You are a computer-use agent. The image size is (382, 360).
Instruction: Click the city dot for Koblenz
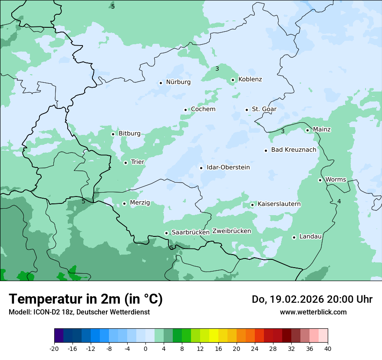click(x=233, y=80)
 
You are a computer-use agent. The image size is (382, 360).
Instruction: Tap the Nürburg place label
click(x=178, y=82)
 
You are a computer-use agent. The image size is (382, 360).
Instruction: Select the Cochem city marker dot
click(x=185, y=110)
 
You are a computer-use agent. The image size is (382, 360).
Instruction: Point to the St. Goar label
click(x=264, y=109)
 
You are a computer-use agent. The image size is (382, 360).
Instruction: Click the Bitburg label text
click(x=129, y=134)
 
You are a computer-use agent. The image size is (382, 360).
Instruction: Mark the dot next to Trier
click(x=125, y=163)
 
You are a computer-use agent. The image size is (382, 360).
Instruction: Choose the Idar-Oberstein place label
click(x=228, y=167)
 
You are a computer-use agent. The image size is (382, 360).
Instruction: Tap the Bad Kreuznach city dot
click(x=266, y=151)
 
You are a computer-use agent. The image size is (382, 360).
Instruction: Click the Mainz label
click(x=322, y=130)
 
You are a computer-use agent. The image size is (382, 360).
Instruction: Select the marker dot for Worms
click(x=320, y=180)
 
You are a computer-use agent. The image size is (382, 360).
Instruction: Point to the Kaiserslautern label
click(x=279, y=204)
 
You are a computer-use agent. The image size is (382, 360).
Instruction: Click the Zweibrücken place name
click(x=231, y=231)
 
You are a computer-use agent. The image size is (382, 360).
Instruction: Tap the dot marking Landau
click(x=294, y=237)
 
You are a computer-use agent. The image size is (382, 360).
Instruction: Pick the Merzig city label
click(x=140, y=203)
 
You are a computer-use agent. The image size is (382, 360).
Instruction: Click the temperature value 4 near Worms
click(x=339, y=201)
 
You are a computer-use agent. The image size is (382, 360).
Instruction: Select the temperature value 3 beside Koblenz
click(x=217, y=69)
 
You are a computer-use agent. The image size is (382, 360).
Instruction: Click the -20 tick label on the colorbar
click(x=54, y=349)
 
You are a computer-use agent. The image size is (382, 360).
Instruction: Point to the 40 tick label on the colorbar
click(x=328, y=349)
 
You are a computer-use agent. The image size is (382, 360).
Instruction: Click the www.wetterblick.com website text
click(x=313, y=312)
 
